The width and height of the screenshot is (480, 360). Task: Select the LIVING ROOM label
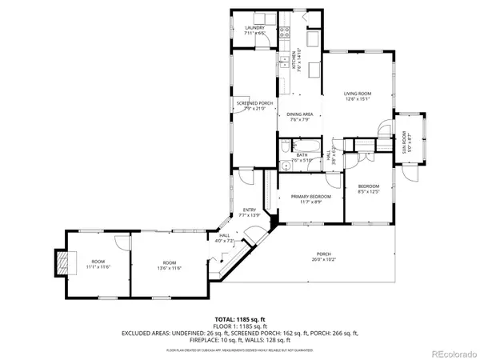[356, 94]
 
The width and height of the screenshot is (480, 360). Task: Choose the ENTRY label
[249, 211]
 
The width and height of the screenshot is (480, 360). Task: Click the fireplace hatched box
[61, 261]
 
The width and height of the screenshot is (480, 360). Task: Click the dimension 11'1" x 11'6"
[98, 266]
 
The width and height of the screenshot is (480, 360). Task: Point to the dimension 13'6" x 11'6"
[169, 266]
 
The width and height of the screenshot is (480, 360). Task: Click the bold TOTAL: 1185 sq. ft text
[239, 318]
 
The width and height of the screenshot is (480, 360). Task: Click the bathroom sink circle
[286, 166]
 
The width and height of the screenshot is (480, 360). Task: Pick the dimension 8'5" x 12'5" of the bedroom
[367, 191]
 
